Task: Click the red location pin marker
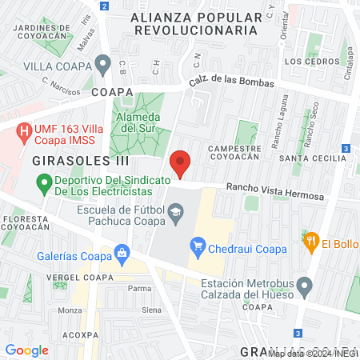click(x=181, y=164)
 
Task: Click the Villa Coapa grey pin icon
click(x=102, y=64)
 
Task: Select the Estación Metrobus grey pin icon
click(x=304, y=286)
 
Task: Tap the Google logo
click(x=27, y=349)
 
